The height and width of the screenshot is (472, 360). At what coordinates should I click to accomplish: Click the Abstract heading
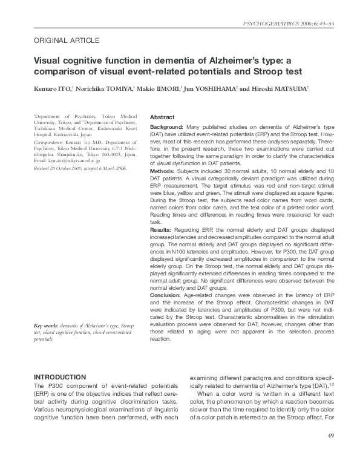pos(162,117)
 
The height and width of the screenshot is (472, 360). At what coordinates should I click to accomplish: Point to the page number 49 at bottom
pos(330,436)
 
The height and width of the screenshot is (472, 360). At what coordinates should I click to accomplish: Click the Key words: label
pos(46,326)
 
